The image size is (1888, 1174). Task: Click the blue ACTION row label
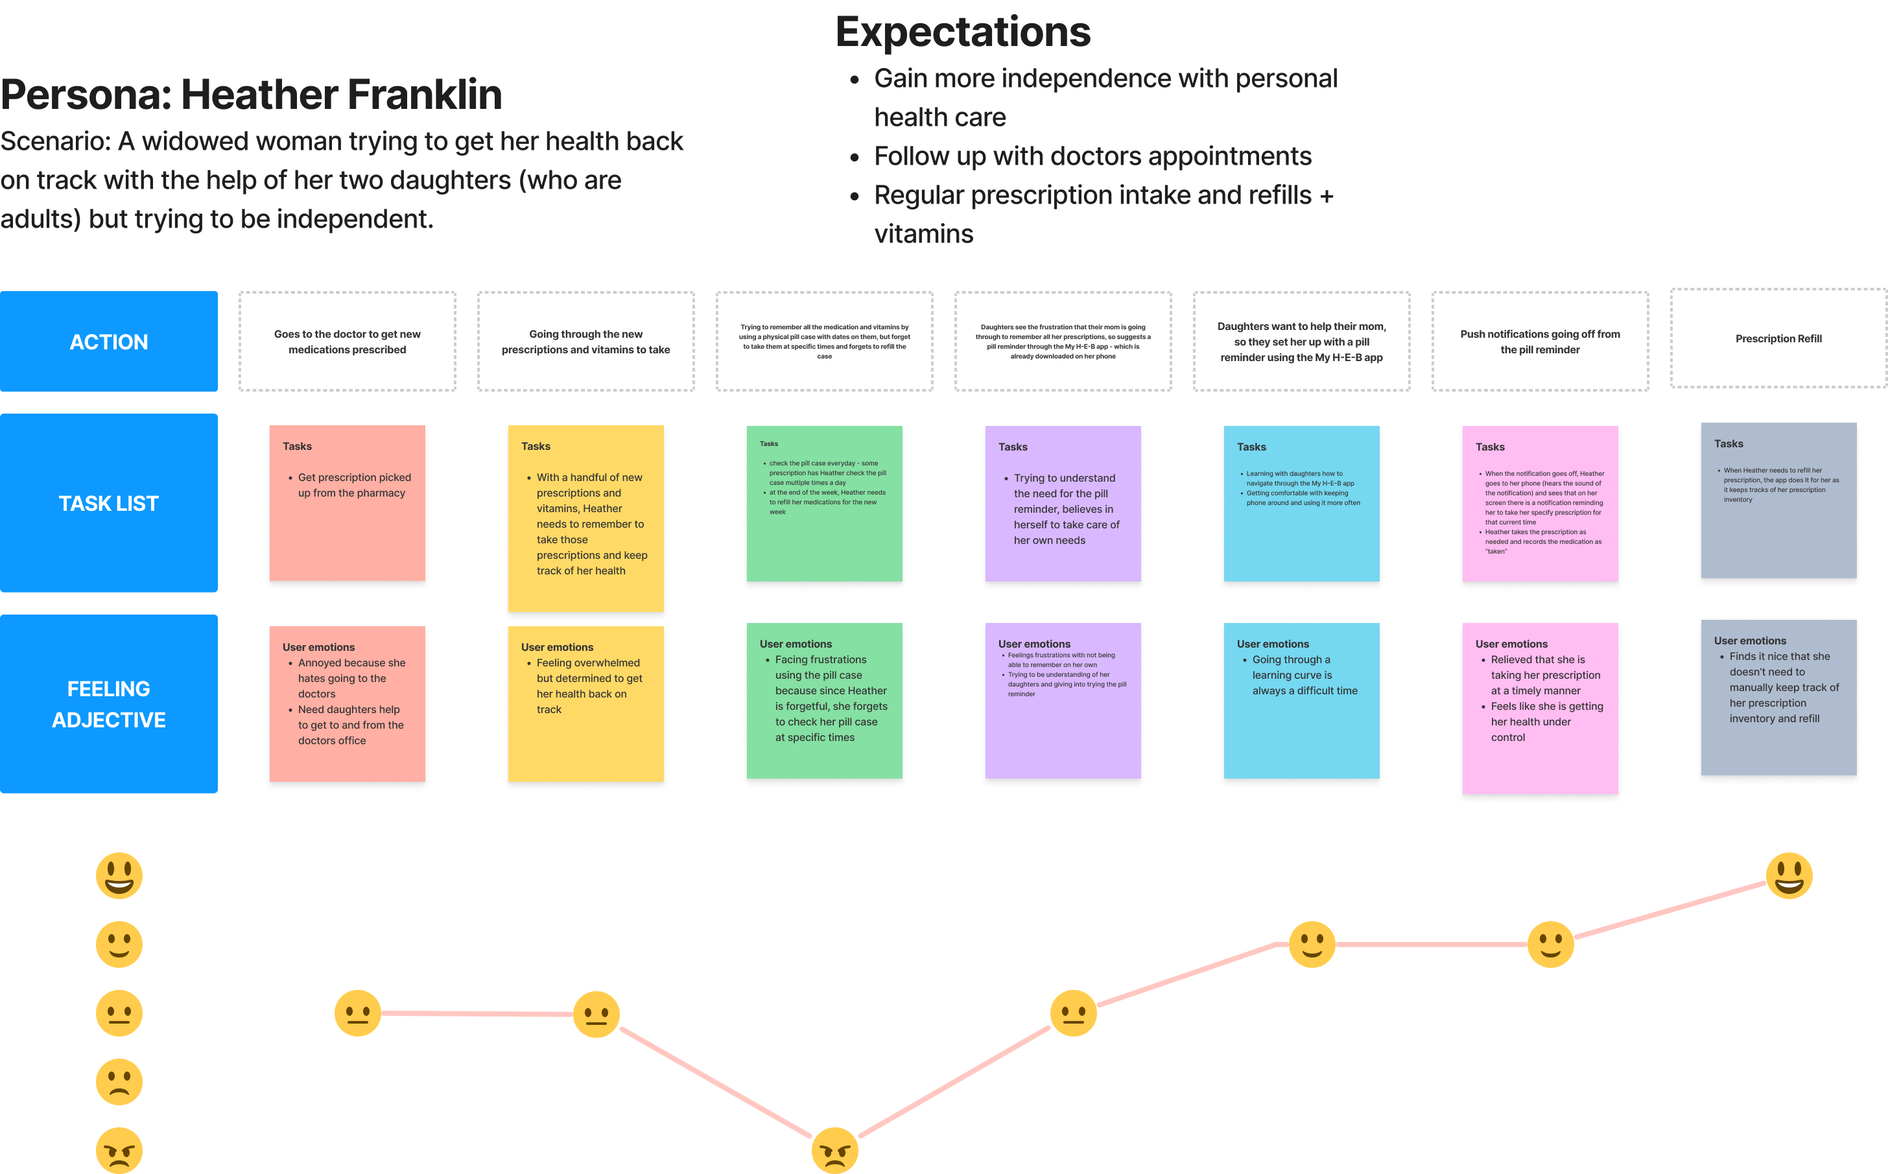(109, 342)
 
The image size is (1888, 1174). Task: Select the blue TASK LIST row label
(109, 503)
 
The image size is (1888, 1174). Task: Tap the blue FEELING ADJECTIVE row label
(109, 703)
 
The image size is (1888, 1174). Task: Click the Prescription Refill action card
(1778, 338)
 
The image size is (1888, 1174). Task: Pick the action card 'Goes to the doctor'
(347, 342)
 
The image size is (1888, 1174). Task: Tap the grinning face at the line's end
(1789, 876)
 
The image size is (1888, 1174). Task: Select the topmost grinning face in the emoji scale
(119, 876)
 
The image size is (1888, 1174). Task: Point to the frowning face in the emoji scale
(119, 1081)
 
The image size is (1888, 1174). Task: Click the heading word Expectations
(963, 32)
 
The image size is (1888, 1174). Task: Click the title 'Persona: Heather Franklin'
(252, 95)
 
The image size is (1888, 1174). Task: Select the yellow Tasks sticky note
(585, 517)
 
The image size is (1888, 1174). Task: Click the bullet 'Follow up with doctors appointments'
(1092, 157)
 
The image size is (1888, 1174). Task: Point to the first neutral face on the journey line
(358, 1013)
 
